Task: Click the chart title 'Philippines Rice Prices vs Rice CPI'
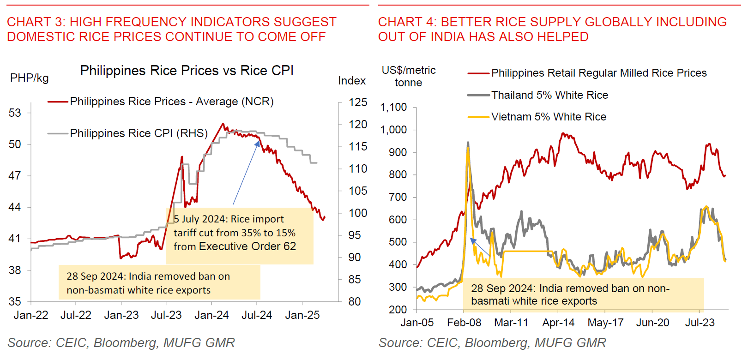[x=187, y=71]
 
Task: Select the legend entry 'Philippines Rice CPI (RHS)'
[x=139, y=133]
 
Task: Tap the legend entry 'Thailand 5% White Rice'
[x=549, y=95]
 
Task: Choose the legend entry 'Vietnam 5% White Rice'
[x=548, y=117]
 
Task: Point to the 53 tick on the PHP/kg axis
[x=15, y=113]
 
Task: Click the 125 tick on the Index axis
[x=358, y=102]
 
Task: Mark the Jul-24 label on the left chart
[x=257, y=315]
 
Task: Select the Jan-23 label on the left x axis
[x=121, y=315]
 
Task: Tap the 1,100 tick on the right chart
[x=393, y=108]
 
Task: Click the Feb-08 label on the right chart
[x=464, y=323]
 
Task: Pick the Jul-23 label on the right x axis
[x=700, y=323]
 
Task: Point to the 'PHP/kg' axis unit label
[x=29, y=78]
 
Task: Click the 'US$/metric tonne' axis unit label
[x=408, y=76]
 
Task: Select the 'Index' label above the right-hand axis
[x=352, y=81]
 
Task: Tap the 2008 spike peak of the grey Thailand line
[x=468, y=143]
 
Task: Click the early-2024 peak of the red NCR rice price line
[x=223, y=124]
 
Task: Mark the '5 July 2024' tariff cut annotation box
[x=239, y=235]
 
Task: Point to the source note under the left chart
[x=121, y=342]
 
